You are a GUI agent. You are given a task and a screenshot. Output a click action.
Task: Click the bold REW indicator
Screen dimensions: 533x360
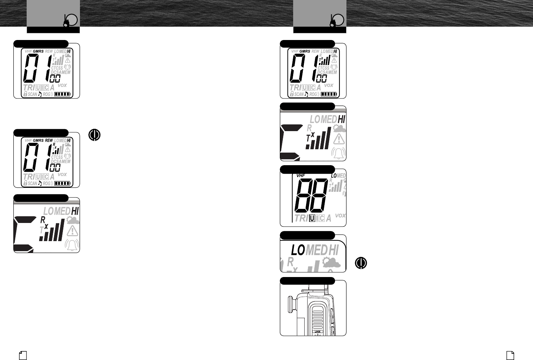tap(49, 141)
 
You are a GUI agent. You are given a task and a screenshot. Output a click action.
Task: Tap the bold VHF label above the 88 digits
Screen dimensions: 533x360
tap(301, 176)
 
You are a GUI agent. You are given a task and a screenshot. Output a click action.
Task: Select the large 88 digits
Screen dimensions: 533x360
tap(311, 196)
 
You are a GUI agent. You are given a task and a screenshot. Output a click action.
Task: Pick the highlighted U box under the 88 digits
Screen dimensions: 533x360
tap(312, 219)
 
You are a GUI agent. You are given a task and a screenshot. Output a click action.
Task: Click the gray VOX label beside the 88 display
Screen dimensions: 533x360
tap(340, 216)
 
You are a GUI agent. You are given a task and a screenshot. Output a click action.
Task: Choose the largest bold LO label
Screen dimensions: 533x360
tap(298, 250)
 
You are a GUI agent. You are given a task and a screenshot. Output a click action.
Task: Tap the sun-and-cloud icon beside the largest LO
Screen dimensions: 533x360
tap(331, 263)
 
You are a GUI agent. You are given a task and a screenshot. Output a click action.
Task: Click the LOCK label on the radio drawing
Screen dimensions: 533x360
tap(317, 332)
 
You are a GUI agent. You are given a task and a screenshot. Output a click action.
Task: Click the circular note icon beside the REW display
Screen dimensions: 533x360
tap(94, 135)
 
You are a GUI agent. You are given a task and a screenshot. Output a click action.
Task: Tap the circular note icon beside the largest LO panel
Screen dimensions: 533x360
tap(361, 263)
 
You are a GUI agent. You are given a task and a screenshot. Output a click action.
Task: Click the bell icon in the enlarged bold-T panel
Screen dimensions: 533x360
tap(338, 153)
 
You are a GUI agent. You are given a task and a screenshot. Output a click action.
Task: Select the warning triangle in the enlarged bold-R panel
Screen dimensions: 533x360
tap(73, 231)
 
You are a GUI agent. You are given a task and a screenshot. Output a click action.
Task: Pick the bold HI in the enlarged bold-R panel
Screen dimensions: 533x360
tap(75, 211)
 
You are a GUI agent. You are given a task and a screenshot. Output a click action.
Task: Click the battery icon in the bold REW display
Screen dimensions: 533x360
tap(62, 183)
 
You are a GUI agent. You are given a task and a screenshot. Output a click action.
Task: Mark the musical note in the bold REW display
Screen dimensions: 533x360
tap(40, 183)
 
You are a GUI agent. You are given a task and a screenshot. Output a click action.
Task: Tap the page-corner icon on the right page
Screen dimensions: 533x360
tap(510, 355)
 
